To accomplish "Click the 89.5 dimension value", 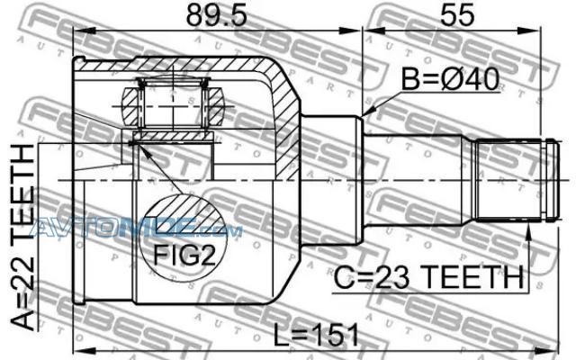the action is point(216,16).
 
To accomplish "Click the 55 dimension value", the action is point(457,16).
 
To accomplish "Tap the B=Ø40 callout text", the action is point(450,79).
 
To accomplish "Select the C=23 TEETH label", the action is point(428,277).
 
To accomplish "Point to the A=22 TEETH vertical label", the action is point(22,236).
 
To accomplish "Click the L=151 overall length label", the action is point(317,335).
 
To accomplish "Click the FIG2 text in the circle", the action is point(184,255).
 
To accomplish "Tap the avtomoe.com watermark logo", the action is point(136,226).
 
